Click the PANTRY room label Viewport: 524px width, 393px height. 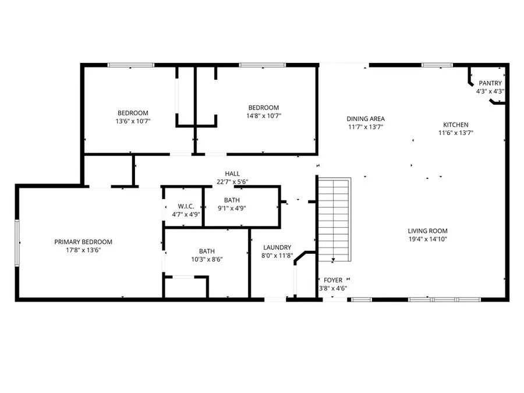pyautogui.click(x=490, y=83)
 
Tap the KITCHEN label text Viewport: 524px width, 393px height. pyautogui.click(x=455, y=125)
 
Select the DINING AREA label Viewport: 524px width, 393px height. pyautogui.click(x=366, y=119)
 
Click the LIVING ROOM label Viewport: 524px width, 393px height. pyautogui.click(x=427, y=231)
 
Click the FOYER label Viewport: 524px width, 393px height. pyautogui.click(x=333, y=280)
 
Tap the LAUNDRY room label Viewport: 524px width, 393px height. pyautogui.click(x=277, y=247)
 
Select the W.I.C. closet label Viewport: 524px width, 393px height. pyautogui.click(x=186, y=207)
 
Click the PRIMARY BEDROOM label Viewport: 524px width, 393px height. pyautogui.click(x=83, y=242)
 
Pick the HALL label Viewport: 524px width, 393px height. pyautogui.click(x=232, y=174)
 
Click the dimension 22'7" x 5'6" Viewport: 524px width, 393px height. pyautogui.click(x=232, y=182)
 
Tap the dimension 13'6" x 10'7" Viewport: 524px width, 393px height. pyautogui.click(x=133, y=121)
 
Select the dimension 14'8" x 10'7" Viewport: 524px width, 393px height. pyautogui.click(x=263, y=115)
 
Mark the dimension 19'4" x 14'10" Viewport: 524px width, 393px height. pyautogui.click(x=427, y=239)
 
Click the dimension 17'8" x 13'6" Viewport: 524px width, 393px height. pyautogui.click(x=83, y=250)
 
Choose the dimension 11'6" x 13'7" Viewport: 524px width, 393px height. pyautogui.click(x=455, y=133)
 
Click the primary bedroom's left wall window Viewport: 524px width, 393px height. pyautogui.click(x=17, y=242)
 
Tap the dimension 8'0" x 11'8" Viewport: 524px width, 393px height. pyautogui.click(x=277, y=256)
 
